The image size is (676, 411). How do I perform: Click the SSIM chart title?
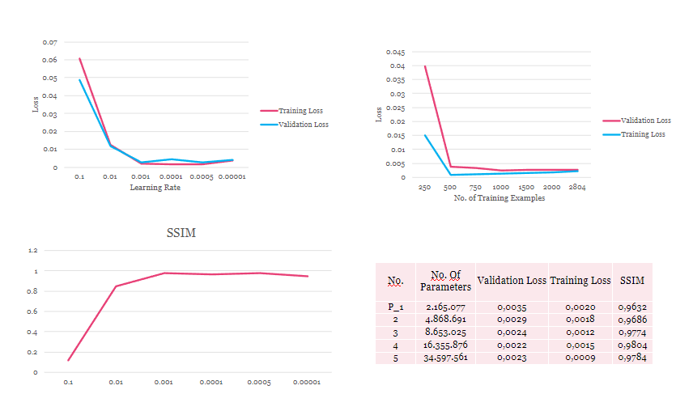point(181,233)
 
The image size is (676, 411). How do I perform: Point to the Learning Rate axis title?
point(155,188)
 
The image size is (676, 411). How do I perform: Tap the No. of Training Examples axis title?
point(499,198)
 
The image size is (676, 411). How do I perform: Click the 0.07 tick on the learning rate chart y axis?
point(50,41)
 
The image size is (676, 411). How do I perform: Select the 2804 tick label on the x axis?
point(577,187)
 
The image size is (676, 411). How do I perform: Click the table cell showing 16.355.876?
point(445,345)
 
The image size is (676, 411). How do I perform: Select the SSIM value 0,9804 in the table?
point(631,345)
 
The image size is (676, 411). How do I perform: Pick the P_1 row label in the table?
point(395,307)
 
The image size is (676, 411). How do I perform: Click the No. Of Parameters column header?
point(445,281)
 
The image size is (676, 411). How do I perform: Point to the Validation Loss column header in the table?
point(511,281)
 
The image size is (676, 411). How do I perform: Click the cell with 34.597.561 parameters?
point(445,357)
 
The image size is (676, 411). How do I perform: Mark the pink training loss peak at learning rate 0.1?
point(79,58)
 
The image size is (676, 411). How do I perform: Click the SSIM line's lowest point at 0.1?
point(68,360)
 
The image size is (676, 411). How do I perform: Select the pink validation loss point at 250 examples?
point(424,66)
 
